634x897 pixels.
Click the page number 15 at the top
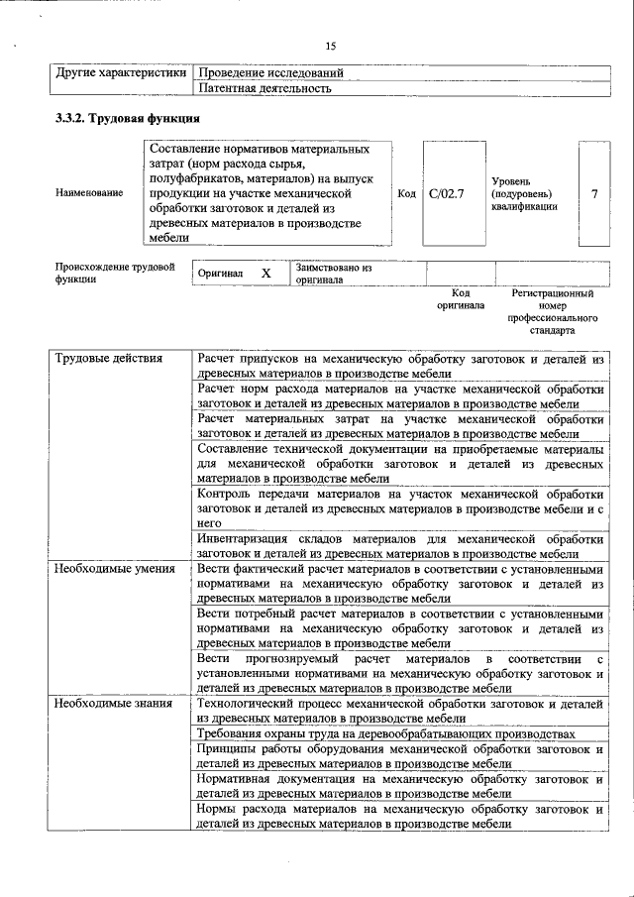[x=331, y=45]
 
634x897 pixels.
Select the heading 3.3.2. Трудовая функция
[x=128, y=119]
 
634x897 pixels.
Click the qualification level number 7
[x=593, y=193]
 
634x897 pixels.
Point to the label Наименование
[x=90, y=193]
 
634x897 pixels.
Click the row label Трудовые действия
[x=109, y=358]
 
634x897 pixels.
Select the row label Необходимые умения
[x=115, y=569]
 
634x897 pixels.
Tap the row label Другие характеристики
[x=120, y=73]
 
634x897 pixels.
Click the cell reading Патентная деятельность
[x=264, y=88]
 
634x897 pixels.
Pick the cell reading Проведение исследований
[x=270, y=73]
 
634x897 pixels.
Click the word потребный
[x=263, y=614]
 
